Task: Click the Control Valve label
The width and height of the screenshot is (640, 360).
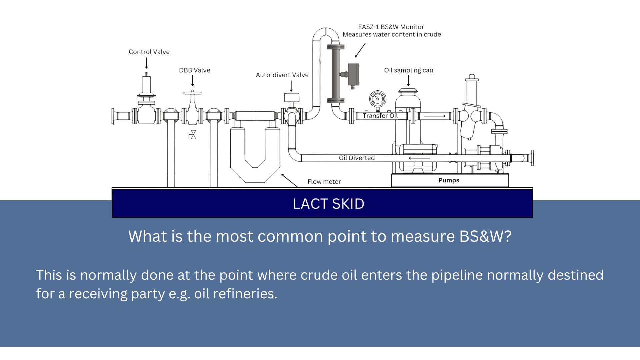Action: [149, 52]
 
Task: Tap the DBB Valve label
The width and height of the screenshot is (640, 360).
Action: [194, 70]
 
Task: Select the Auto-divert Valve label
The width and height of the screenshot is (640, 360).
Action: [282, 75]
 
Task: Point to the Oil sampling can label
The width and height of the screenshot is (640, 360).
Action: [408, 70]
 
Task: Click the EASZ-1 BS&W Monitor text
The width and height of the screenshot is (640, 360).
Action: [391, 27]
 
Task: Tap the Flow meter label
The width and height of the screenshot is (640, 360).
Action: [324, 182]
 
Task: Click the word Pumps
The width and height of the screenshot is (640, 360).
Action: [449, 180]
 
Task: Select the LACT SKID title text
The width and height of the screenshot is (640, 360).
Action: [328, 204]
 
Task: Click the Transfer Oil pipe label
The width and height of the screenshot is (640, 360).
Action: [380, 116]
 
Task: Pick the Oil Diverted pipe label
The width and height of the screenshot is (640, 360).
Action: [357, 158]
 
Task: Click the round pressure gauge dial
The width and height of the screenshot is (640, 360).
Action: [378, 99]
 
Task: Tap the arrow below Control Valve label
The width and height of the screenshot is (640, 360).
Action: [146, 63]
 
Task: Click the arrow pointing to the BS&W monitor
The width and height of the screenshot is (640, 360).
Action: [360, 50]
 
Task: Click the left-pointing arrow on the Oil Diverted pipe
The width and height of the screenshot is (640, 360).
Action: [419, 158]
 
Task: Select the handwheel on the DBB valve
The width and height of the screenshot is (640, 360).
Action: [192, 93]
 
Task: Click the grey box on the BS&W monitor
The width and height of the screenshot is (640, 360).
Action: [353, 74]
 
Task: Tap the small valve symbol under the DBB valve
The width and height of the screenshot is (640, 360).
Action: [192, 135]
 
